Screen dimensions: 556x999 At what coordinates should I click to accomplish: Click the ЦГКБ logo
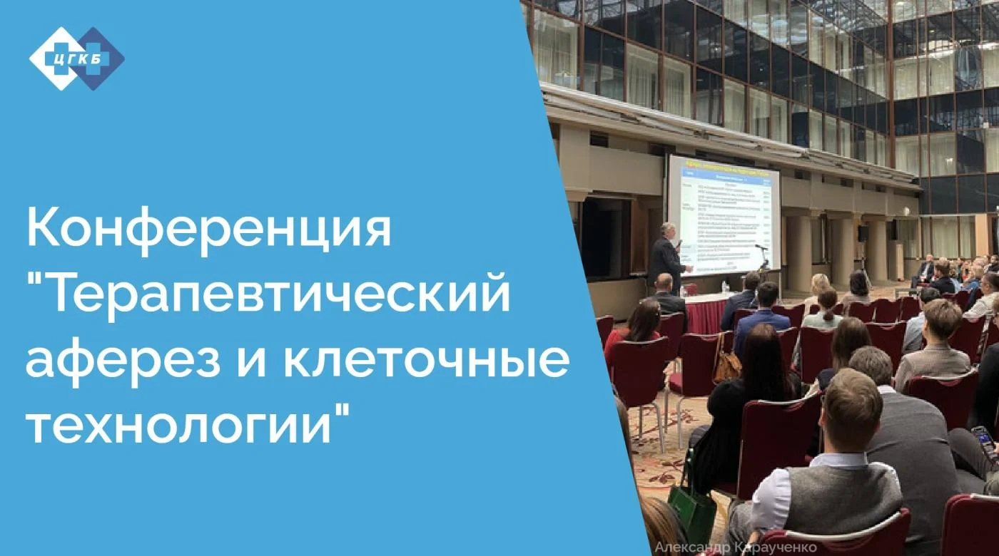coord(76,58)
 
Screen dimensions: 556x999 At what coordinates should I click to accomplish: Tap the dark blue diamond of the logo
coord(100,58)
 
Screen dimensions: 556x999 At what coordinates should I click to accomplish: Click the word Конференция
coord(208,228)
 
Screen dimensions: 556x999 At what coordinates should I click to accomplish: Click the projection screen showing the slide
coord(723,214)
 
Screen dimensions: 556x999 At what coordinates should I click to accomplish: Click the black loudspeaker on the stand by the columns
coord(863,233)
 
